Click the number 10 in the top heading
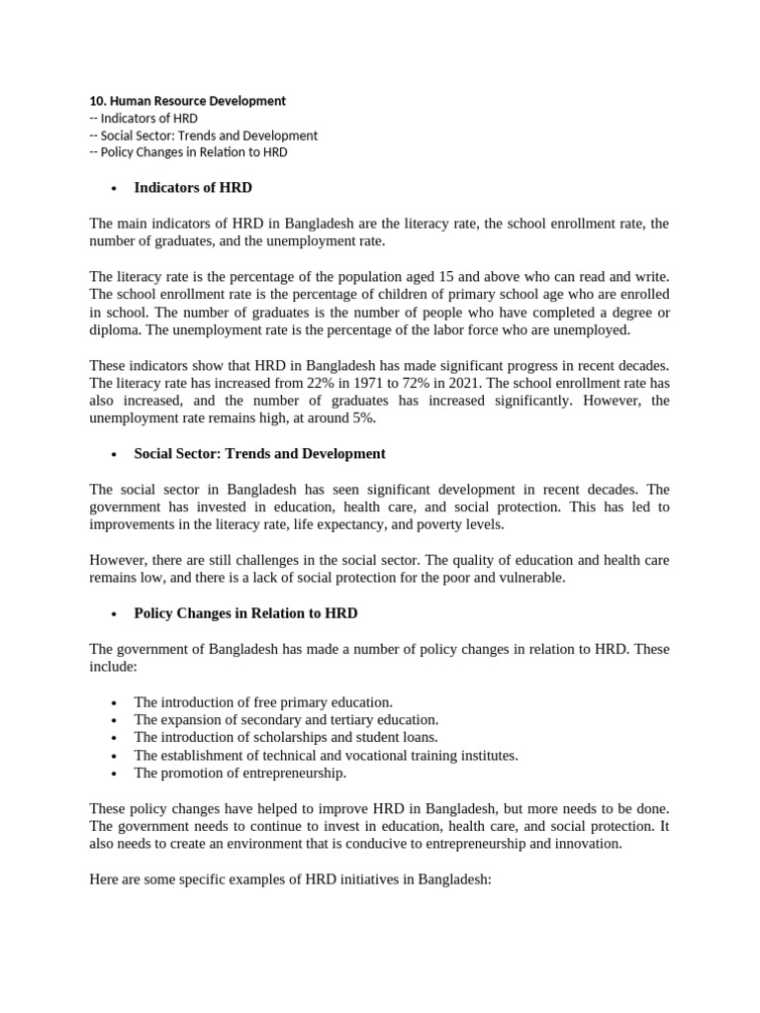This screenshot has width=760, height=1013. coord(96,101)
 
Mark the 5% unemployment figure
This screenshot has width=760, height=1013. coord(364,418)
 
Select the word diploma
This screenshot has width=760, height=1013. coord(116,330)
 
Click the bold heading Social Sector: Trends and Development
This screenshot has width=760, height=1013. coord(259,453)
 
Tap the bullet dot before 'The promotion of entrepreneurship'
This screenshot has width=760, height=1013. coord(116,774)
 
